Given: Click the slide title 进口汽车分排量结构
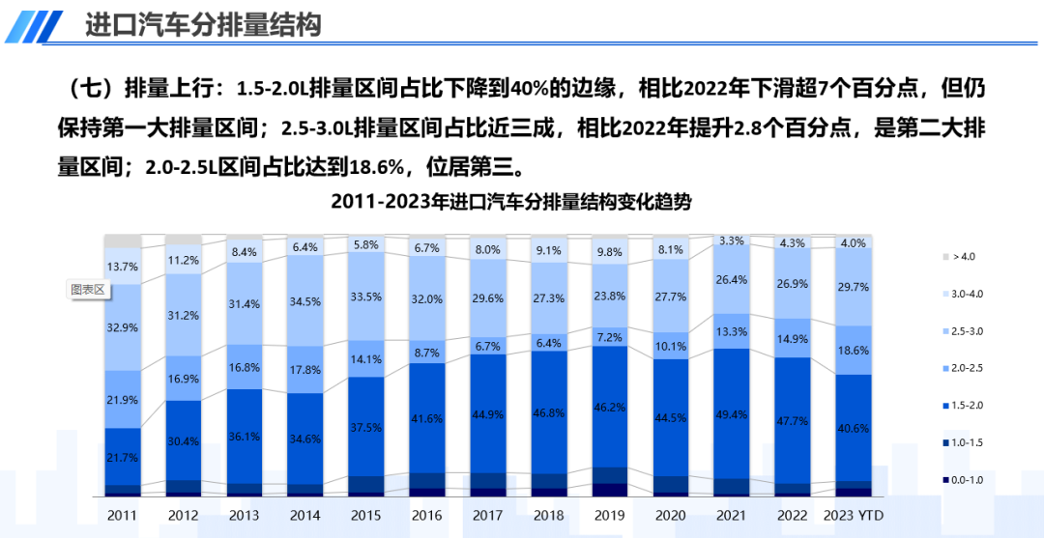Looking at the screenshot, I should click(x=202, y=25).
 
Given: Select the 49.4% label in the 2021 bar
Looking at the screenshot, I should click(x=732, y=414).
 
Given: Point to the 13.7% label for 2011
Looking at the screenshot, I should click(x=123, y=267).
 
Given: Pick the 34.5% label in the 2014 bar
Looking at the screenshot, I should click(x=305, y=301).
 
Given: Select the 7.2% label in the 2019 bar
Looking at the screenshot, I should click(x=610, y=337).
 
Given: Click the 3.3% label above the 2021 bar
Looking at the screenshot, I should click(x=732, y=241).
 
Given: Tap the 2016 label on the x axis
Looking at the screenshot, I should click(x=427, y=515).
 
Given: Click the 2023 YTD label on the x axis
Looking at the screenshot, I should click(x=854, y=515).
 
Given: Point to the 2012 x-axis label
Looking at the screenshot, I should click(x=184, y=515).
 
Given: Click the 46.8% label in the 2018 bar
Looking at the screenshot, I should click(x=549, y=411).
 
